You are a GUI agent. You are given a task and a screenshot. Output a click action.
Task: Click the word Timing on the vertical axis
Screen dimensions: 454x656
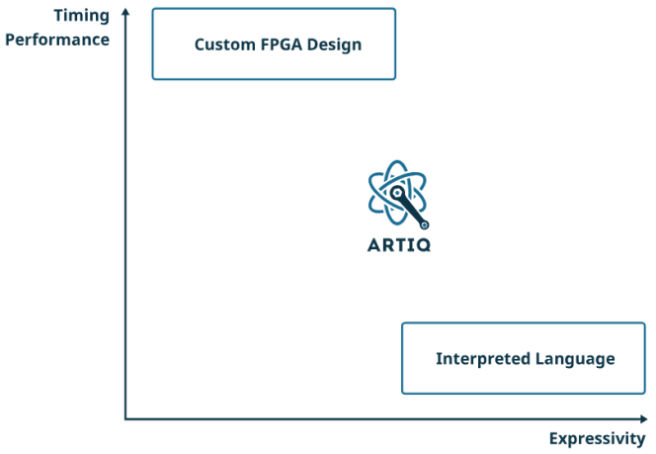[81, 17]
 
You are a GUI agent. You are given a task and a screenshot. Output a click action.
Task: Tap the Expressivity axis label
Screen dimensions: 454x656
[598, 438]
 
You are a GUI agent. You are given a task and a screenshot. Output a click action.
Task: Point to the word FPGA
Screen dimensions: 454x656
[280, 45]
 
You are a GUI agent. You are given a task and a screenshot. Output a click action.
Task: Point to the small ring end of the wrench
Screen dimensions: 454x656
[424, 225]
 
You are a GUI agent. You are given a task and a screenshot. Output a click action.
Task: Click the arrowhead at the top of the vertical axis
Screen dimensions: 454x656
[125, 12]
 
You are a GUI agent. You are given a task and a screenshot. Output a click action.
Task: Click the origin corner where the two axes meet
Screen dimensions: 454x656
[125, 419]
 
